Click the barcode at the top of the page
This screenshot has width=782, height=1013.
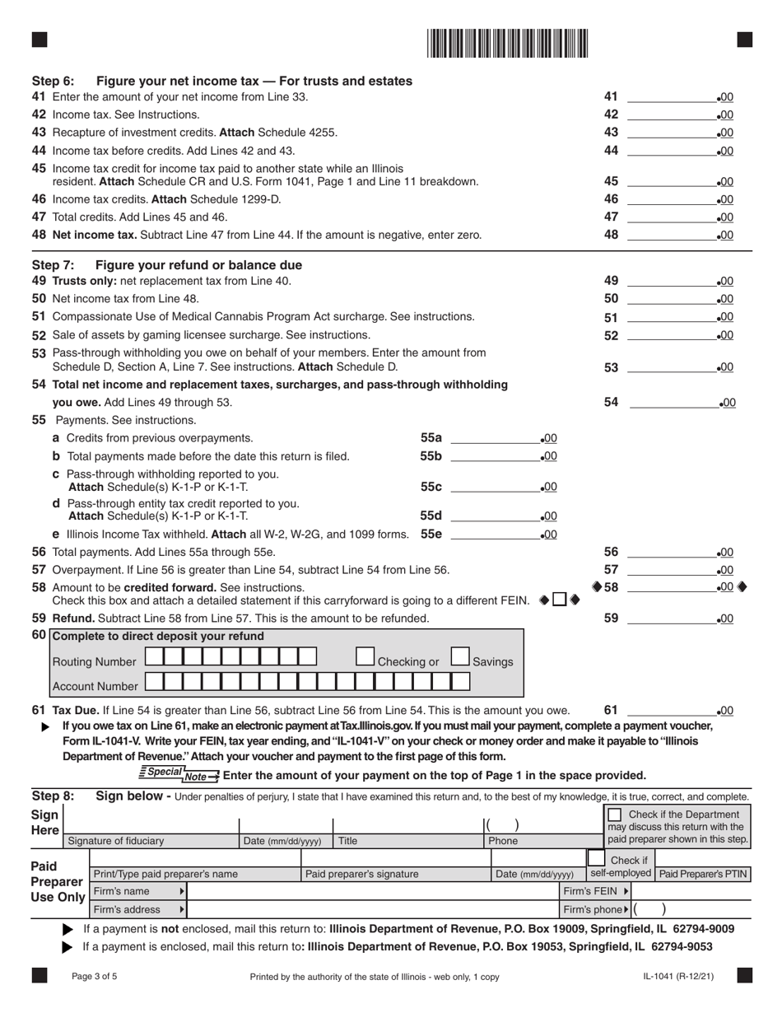tap(508, 42)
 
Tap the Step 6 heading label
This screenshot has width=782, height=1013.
tap(53, 81)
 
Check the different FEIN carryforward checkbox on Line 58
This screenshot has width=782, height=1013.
tap(560, 600)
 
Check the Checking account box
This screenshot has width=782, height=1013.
tap(365, 656)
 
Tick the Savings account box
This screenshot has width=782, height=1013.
tap(460, 656)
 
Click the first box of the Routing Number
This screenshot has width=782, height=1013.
tap(154, 656)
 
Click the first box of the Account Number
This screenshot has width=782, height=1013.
tap(154, 681)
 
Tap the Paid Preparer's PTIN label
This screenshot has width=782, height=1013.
tap(702, 873)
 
